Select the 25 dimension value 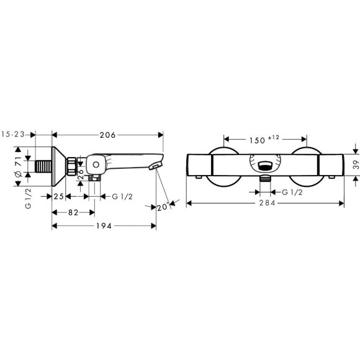pos(59,197)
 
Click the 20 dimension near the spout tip pos(163,207)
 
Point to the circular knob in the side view pos(96,165)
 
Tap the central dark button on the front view pos(265,166)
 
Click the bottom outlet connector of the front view pos(265,180)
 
